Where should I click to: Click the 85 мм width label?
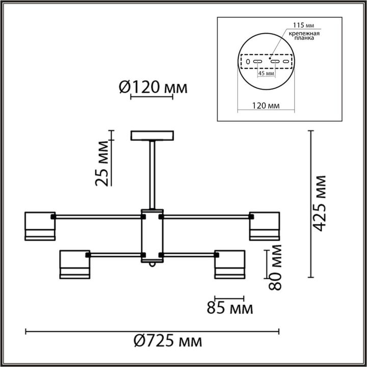(x=229, y=308)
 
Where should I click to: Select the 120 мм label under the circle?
(x=266, y=106)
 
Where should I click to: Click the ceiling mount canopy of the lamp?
(x=152, y=136)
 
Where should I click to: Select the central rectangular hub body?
(x=152, y=235)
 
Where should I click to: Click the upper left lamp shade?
(x=40, y=225)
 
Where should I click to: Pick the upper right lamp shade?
(x=264, y=225)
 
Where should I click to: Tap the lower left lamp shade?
(x=75, y=264)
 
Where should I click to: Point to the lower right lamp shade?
(x=229, y=264)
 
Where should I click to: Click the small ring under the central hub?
(x=152, y=266)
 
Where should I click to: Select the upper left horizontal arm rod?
(x=97, y=217)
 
